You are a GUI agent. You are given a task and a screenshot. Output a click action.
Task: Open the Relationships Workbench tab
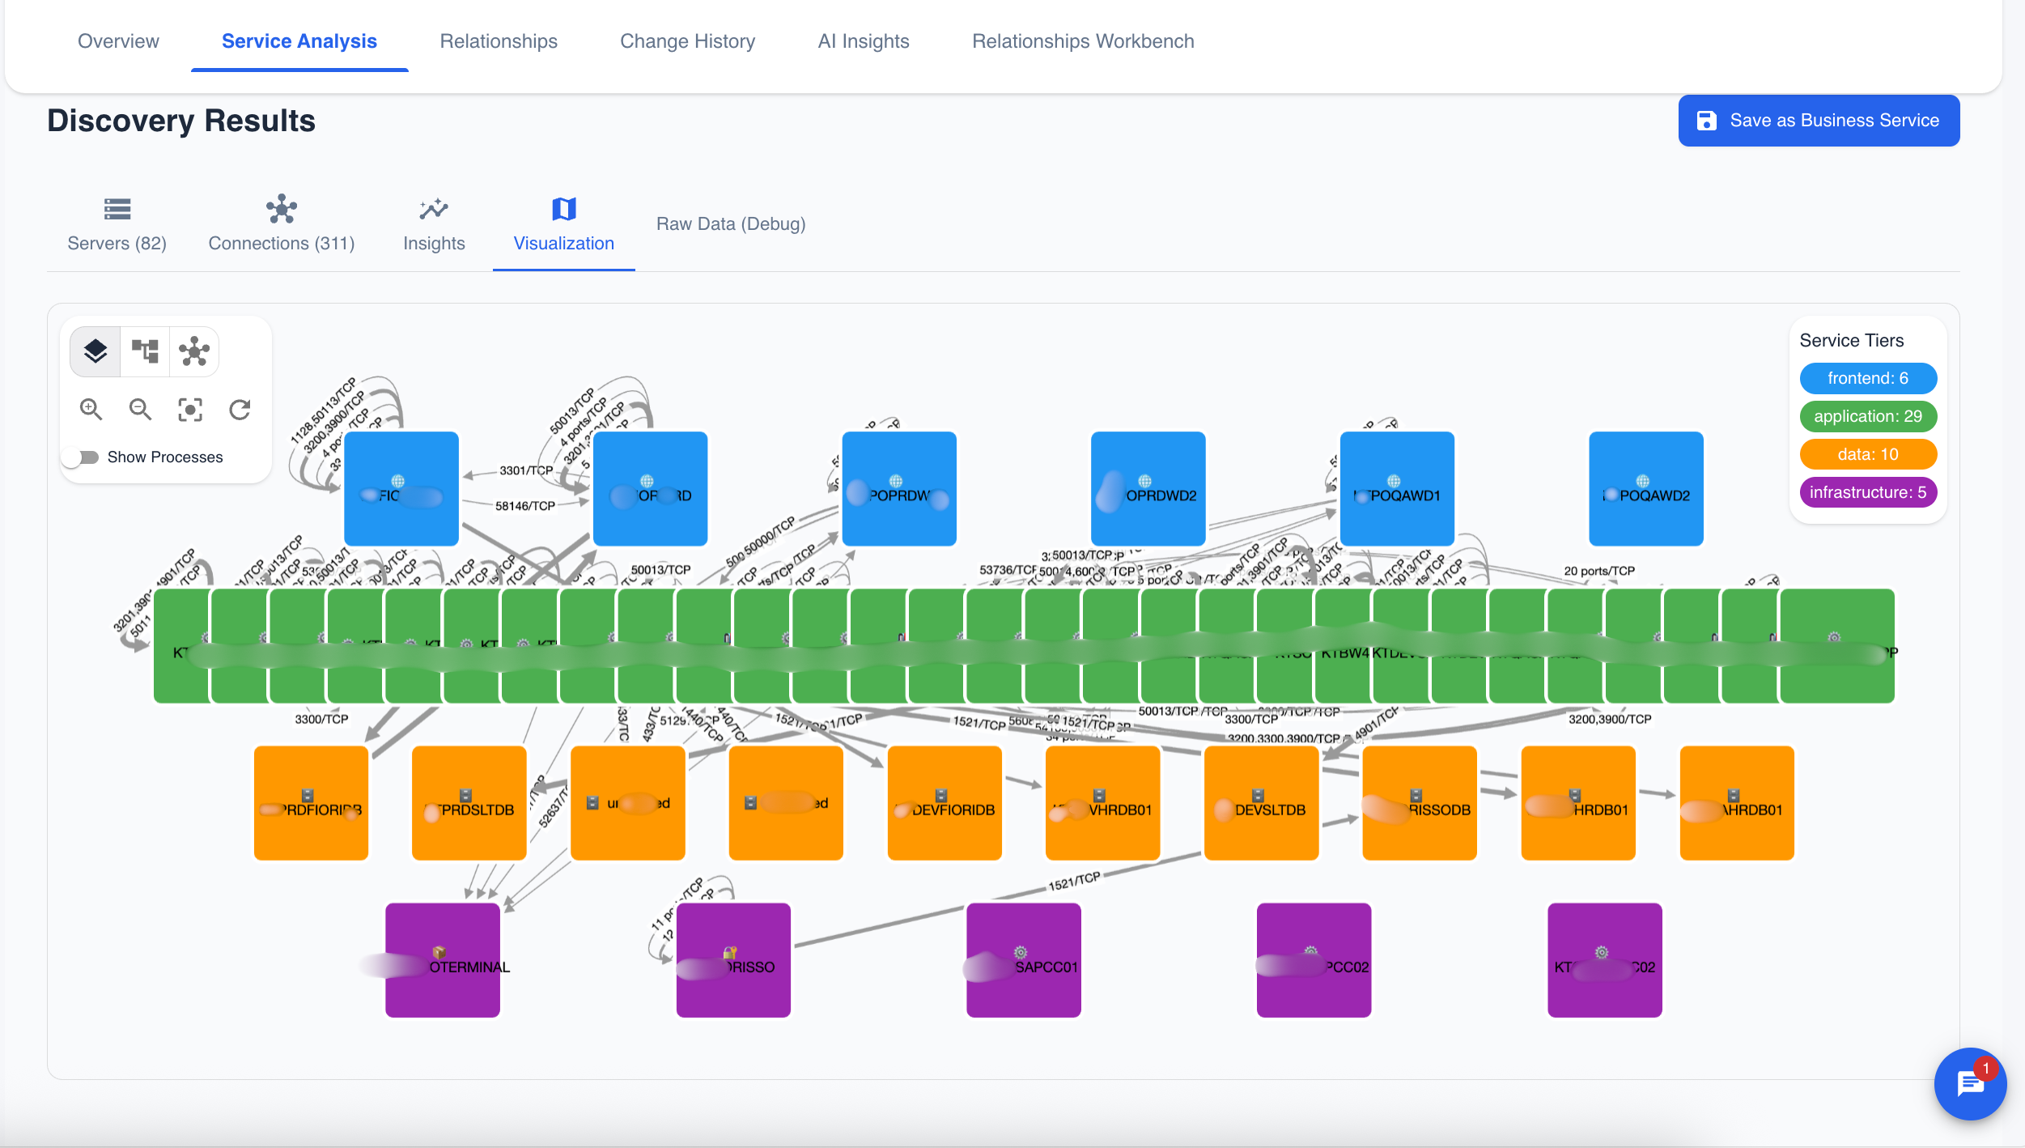coord(1082,41)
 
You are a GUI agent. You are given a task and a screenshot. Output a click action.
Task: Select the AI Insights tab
coord(863,41)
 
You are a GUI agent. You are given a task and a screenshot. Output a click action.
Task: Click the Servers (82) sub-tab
coord(117,224)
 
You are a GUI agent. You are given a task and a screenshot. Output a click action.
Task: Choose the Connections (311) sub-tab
coord(281,224)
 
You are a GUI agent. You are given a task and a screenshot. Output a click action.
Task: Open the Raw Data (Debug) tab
coord(730,224)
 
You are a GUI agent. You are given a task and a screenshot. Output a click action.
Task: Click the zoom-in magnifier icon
coord(91,410)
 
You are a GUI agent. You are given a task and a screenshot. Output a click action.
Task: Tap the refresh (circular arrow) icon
coord(240,410)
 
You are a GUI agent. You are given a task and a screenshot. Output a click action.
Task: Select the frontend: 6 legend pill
coord(1867,378)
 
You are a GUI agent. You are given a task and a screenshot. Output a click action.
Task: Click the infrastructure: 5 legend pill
coord(1867,492)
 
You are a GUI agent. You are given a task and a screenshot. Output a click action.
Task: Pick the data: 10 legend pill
coord(1867,454)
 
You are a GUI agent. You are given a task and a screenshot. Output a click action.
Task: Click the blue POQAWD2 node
coord(1645,488)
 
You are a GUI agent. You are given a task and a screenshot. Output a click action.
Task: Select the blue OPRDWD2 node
coord(1148,488)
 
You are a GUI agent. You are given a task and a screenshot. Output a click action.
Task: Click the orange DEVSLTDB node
coord(1261,802)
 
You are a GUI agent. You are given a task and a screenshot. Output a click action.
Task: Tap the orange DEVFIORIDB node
coord(944,802)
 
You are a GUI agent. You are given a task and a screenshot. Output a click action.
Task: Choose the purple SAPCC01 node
coord(1023,959)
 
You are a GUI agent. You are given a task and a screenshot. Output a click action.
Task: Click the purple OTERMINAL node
coord(442,959)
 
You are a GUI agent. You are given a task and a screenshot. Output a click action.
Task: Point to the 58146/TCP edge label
coord(524,506)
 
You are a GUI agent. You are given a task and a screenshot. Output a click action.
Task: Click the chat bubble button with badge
coord(1969,1083)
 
